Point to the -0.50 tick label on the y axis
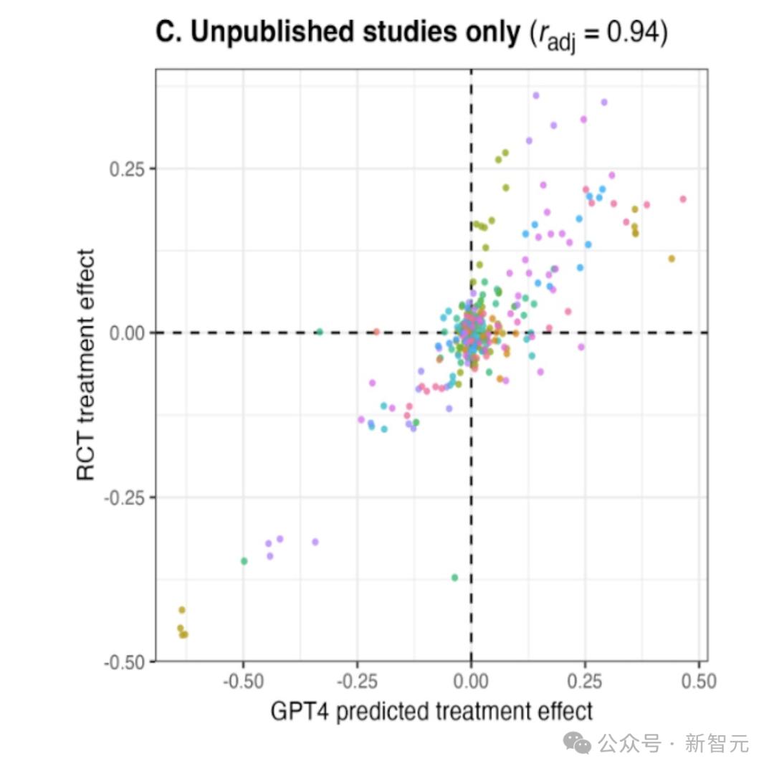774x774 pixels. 126,661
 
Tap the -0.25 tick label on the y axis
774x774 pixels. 126,497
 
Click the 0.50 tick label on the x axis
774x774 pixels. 698,680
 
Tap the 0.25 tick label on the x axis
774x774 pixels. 585,680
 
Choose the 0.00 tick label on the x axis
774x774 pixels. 471,680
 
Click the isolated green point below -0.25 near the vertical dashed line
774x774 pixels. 454,578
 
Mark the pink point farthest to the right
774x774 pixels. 683,199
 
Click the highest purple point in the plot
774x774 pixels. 535,95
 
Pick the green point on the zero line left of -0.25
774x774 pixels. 320,332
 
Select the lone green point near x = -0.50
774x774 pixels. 244,561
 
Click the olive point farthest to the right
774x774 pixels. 672,259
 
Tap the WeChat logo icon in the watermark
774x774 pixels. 578,743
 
